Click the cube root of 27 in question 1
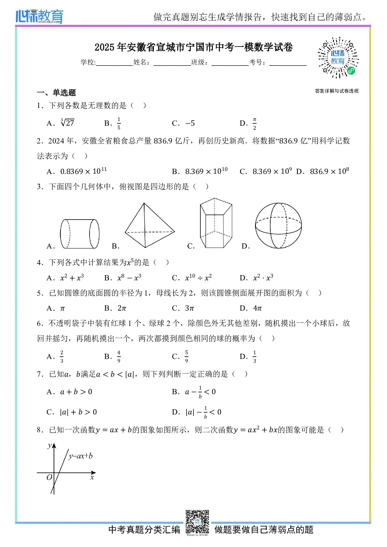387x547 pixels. click(x=67, y=123)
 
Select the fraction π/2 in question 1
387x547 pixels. click(x=254, y=123)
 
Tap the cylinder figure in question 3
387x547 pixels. click(x=80, y=234)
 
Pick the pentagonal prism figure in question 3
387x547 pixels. click(x=216, y=223)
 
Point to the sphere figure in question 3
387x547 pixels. click(x=278, y=225)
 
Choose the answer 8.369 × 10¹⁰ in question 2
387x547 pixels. click(x=206, y=171)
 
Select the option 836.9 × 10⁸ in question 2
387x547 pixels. click(x=329, y=171)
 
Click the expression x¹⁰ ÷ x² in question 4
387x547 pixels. click(x=198, y=278)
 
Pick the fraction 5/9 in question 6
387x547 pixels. click(x=186, y=356)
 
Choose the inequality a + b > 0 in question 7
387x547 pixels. click(x=76, y=392)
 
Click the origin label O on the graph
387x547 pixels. click(x=49, y=477)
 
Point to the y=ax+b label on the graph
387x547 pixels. click(x=81, y=456)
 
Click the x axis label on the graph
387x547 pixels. click(x=92, y=477)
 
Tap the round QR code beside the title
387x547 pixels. click(x=338, y=58)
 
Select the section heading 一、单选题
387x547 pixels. click(x=56, y=93)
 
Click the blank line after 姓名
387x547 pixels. click(x=172, y=63)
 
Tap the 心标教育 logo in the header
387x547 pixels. click(x=39, y=16)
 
